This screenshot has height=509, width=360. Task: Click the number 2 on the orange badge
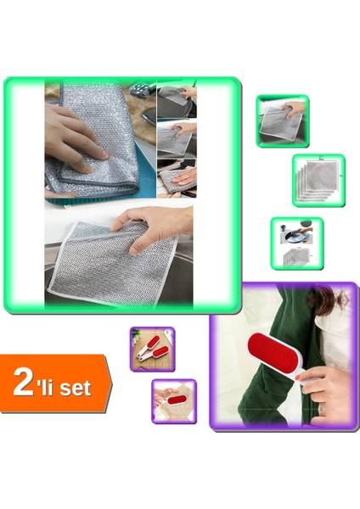tap(23, 383)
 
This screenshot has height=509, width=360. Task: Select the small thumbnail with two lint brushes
tap(152, 348)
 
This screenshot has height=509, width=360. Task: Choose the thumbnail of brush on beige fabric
tap(173, 400)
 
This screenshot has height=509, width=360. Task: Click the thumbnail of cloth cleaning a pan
tap(296, 243)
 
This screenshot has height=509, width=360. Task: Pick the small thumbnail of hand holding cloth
tap(282, 120)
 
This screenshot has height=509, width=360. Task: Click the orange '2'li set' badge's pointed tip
tap(110, 384)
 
